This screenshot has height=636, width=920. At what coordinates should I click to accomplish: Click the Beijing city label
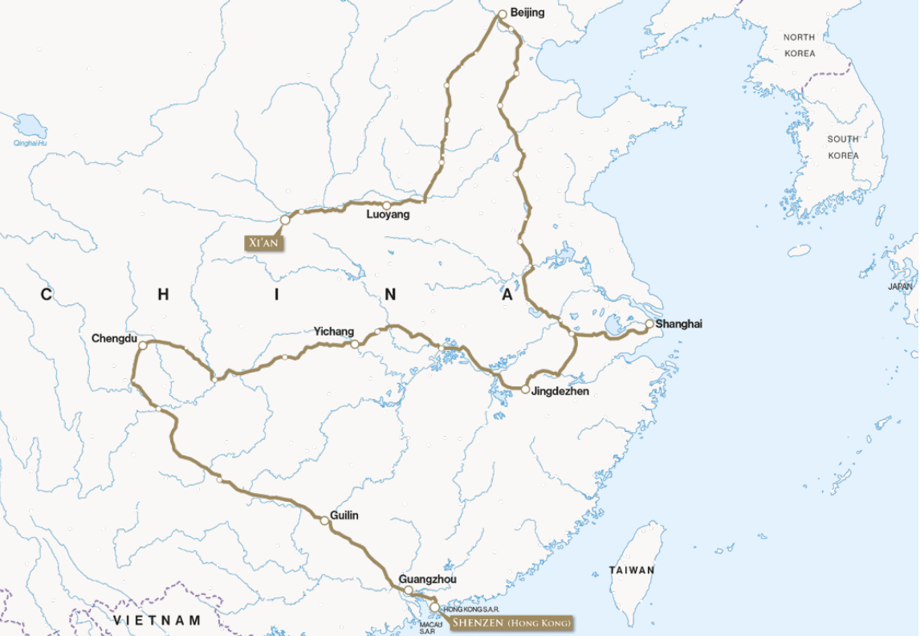point(527,12)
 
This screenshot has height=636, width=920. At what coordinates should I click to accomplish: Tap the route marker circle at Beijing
point(503,14)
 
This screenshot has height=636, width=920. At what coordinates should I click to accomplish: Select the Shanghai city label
point(679,324)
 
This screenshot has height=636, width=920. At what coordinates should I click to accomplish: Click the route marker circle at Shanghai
point(649,324)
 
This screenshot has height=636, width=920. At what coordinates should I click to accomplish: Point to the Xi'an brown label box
point(264,241)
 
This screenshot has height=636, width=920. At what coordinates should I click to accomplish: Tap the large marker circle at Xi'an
point(284,219)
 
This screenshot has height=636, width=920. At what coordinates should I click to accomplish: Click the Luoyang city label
point(388,215)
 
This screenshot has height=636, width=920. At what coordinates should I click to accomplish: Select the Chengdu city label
point(114,338)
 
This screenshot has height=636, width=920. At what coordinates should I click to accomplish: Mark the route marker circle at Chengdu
point(142,345)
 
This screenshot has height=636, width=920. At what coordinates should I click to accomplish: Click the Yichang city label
point(333,332)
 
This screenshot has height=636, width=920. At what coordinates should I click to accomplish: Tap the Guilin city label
point(344,515)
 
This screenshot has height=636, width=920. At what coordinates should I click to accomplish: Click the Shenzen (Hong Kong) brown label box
point(511,622)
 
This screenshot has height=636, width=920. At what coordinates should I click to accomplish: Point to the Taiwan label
point(631,570)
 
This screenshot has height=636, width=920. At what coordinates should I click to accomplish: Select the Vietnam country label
point(157,621)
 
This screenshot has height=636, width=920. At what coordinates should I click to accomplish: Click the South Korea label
point(843,147)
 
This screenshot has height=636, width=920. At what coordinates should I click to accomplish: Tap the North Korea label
point(799,45)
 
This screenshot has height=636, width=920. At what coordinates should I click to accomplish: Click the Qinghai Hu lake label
point(31,143)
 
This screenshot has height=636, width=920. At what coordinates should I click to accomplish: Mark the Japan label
point(900,286)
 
